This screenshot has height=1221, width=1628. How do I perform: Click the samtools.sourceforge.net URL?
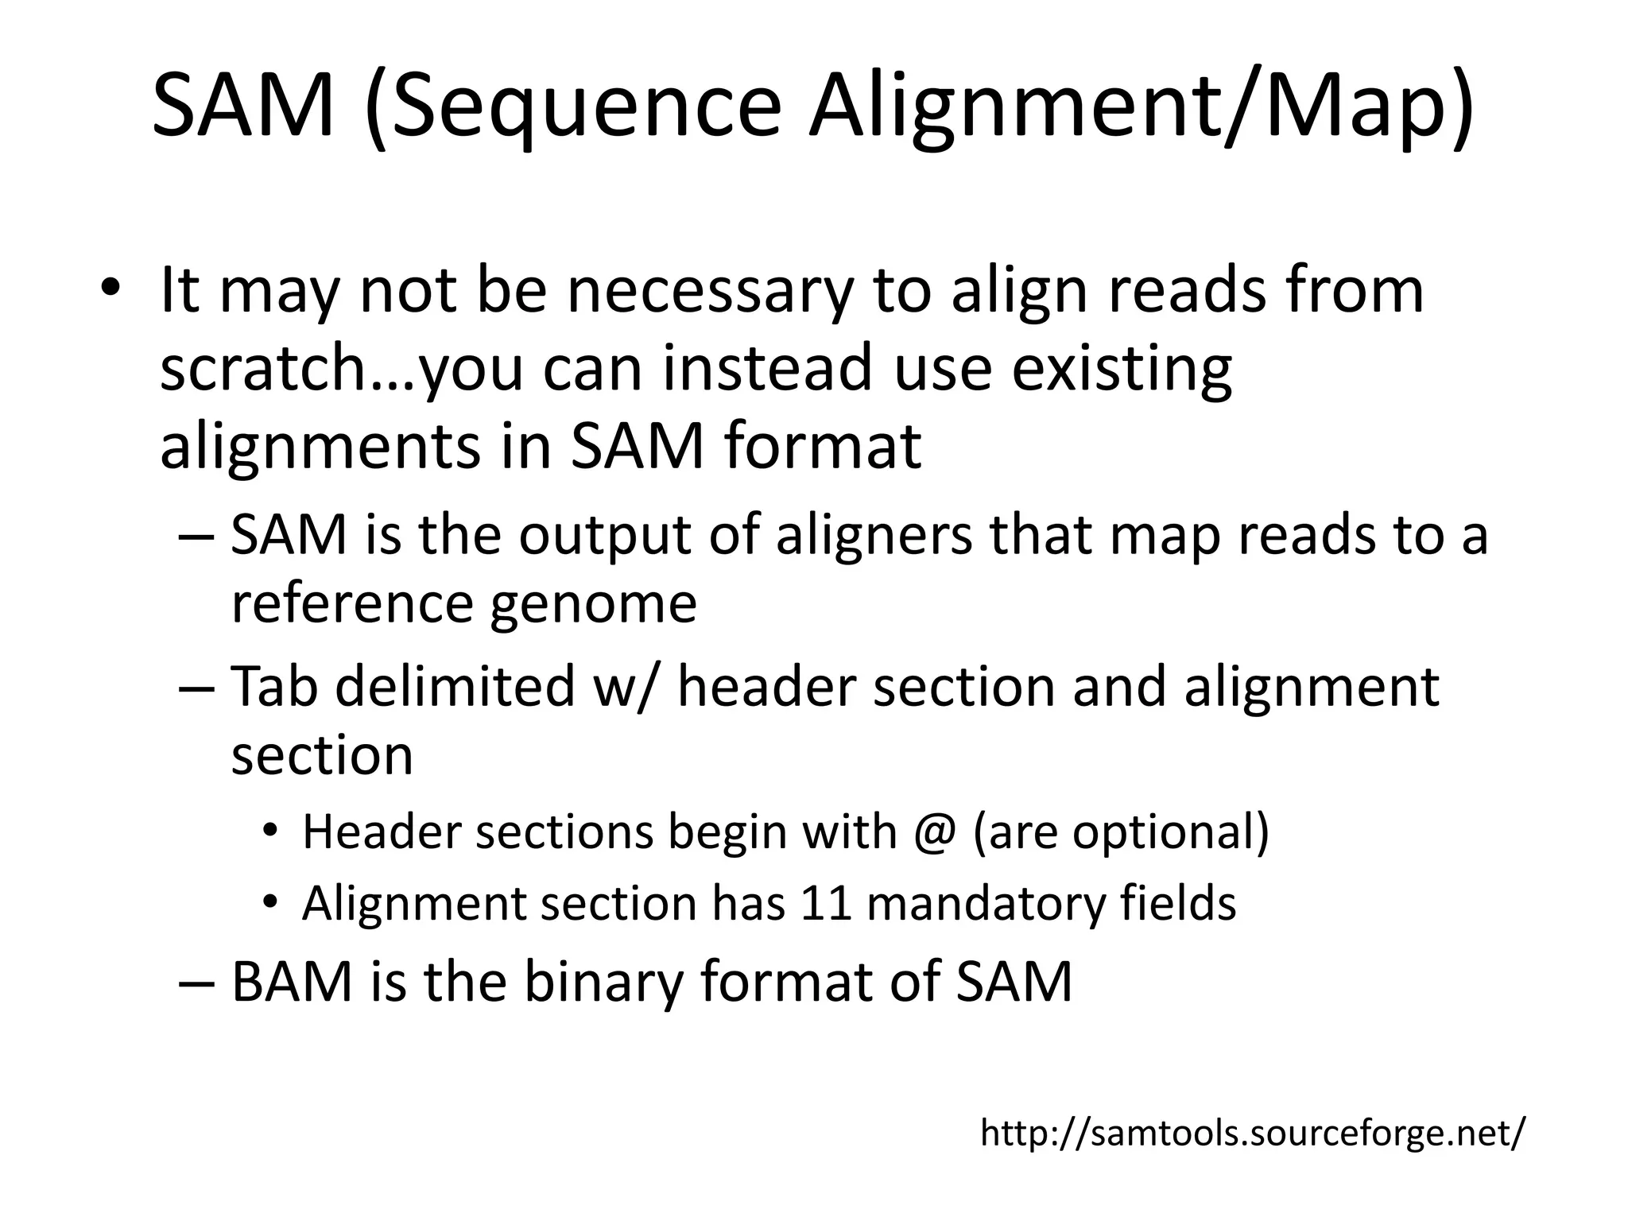pos(1253,1133)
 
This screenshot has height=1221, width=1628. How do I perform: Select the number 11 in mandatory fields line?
pos(828,904)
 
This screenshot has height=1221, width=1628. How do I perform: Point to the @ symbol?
pos(933,832)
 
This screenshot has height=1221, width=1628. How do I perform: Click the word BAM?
pos(292,982)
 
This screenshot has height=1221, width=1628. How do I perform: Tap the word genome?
pos(592,603)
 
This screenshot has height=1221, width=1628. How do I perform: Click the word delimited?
pos(455,686)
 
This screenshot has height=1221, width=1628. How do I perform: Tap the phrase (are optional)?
pos(1120,832)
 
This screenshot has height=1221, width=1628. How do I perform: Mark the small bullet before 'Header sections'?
pos(271,831)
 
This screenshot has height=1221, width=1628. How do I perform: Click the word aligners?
pos(874,535)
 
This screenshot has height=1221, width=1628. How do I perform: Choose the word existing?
pos(1121,369)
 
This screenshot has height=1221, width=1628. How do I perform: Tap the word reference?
pos(352,603)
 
